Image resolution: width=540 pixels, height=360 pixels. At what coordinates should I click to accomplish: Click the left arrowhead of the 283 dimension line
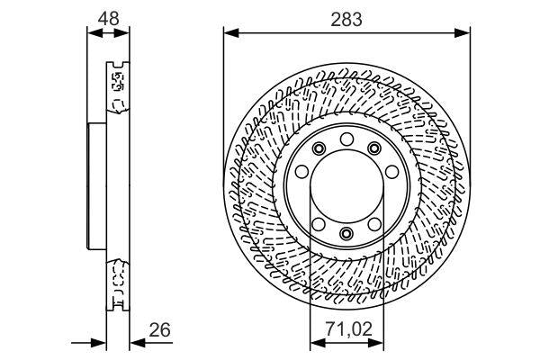pos(229,34)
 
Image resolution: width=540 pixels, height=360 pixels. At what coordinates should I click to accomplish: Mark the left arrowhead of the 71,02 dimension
pos(315,342)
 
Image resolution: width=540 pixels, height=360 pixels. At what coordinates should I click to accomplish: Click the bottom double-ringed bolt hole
pos(346,236)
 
